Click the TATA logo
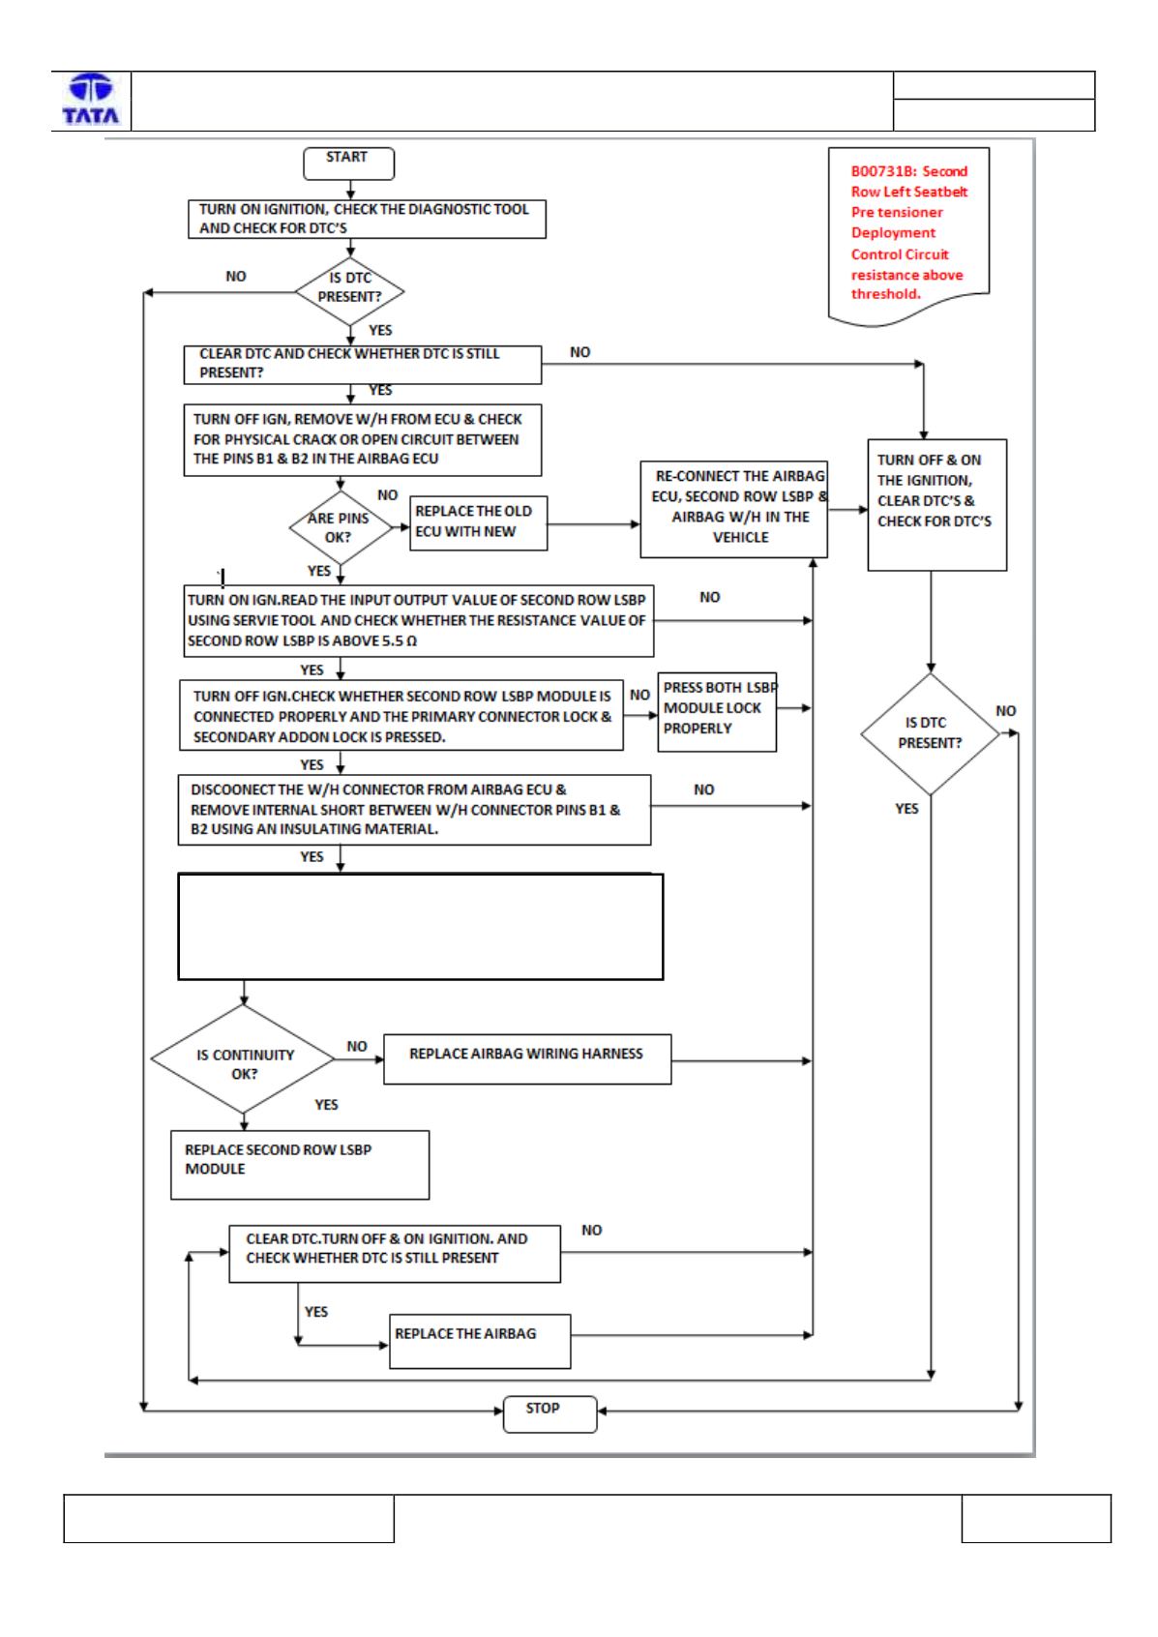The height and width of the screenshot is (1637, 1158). click(x=91, y=100)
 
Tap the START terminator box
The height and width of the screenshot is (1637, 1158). click(x=348, y=163)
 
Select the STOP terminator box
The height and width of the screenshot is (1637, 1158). click(x=549, y=1414)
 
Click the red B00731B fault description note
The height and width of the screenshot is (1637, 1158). click(x=908, y=235)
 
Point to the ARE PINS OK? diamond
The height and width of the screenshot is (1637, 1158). click(x=341, y=527)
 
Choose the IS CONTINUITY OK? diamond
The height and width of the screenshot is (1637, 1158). click(x=243, y=1058)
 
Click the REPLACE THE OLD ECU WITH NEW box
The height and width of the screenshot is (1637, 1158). click(x=478, y=523)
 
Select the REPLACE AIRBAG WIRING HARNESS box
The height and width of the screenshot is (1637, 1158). click(x=527, y=1059)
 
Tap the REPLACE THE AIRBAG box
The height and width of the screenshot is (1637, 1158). click(x=480, y=1342)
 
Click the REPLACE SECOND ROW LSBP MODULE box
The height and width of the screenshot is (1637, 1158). click(x=300, y=1165)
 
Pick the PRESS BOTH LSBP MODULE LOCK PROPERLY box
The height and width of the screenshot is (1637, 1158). click(x=717, y=712)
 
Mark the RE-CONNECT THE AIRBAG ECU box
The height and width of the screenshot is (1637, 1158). click(x=733, y=509)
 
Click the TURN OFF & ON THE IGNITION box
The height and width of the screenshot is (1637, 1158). click(x=936, y=504)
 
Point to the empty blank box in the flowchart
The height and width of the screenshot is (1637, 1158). click(x=421, y=926)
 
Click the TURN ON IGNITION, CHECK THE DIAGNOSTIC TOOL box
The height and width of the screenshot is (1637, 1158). click(x=367, y=219)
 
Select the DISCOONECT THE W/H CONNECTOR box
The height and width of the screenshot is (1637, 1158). click(x=414, y=810)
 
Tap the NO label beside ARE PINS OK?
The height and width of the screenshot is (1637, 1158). click(x=387, y=494)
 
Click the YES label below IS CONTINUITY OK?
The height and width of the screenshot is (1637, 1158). click(x=326, y=1104)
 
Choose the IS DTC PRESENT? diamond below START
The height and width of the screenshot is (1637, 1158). click(x=349, y=291)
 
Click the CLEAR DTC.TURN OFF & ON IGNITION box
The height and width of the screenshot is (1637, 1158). click(x=395, y=1254)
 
